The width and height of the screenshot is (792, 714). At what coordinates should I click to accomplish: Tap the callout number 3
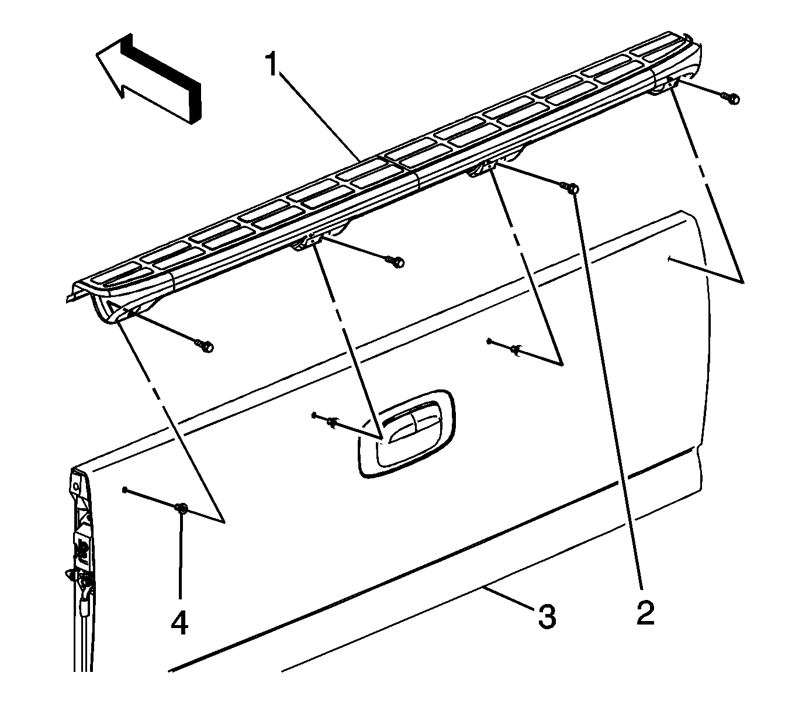tap(546, 617)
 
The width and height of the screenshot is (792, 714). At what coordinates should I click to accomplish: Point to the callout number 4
tap(179, 623)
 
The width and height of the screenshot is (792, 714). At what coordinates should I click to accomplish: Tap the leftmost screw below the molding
tap(206, 346)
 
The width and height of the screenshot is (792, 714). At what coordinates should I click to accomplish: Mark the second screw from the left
tap(397, 263)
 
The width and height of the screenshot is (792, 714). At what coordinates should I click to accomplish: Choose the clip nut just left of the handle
tap(331, 420)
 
